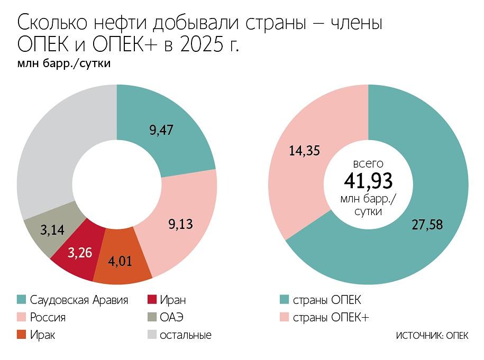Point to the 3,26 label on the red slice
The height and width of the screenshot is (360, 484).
tap(80, 252)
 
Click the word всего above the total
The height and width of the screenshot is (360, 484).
tap(368, 163)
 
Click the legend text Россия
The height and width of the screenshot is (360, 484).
tap(48, 317)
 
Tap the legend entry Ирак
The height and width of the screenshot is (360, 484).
tap(43, 335)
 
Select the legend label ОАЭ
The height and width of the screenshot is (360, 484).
tap(174, 317)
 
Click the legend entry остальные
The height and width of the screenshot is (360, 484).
tap(185, 335)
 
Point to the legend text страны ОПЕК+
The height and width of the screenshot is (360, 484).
tap(331, 317)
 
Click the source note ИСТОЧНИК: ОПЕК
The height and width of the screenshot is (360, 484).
tap(432, 336)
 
